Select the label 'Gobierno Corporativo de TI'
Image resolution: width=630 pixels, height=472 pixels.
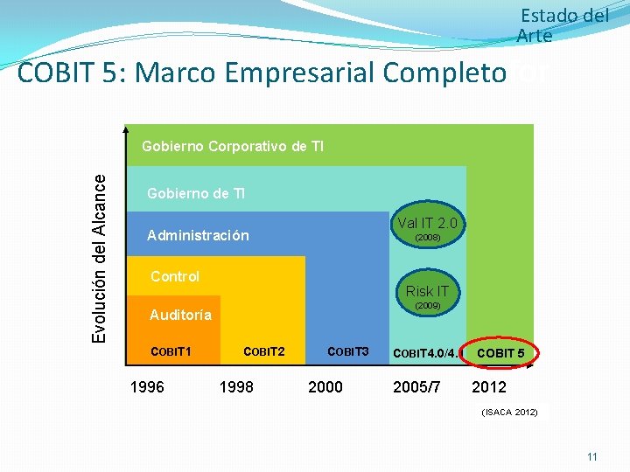coord(233,146)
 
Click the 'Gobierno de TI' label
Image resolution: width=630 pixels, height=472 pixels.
coord(196,193)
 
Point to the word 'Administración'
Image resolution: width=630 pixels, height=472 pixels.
coord(198,236)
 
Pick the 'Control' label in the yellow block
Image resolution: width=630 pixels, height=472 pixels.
coord(175,276)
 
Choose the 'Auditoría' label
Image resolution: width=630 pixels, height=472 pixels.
coord(180,315)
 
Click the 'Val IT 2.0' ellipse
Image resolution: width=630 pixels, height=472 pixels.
coord(427,228)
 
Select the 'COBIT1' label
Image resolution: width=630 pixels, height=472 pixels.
coord(171,351)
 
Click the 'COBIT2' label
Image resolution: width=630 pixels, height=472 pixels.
coord(263,351)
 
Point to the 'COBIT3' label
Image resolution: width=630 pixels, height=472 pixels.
coord(348,351)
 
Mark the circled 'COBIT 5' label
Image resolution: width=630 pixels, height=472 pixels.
coord(501,353)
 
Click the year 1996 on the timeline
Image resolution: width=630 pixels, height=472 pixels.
coord(147,386)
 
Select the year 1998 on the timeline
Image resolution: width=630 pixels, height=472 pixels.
coord(236,386)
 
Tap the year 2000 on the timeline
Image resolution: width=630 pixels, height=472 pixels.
coord(325,386)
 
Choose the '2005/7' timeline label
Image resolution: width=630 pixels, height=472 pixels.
coord(417,386)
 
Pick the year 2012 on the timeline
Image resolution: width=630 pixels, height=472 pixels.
coord(488,386)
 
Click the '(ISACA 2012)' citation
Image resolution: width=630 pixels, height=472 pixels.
coord(510,412)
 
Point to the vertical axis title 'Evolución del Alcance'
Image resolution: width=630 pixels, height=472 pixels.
coord(101,257)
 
